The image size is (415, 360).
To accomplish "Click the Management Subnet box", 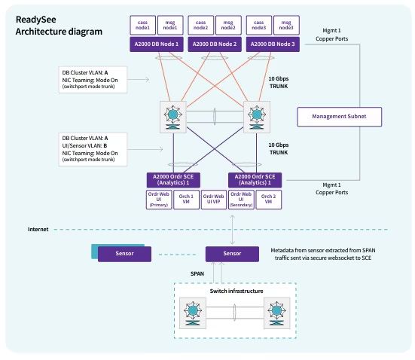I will [x=340, y=116].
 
